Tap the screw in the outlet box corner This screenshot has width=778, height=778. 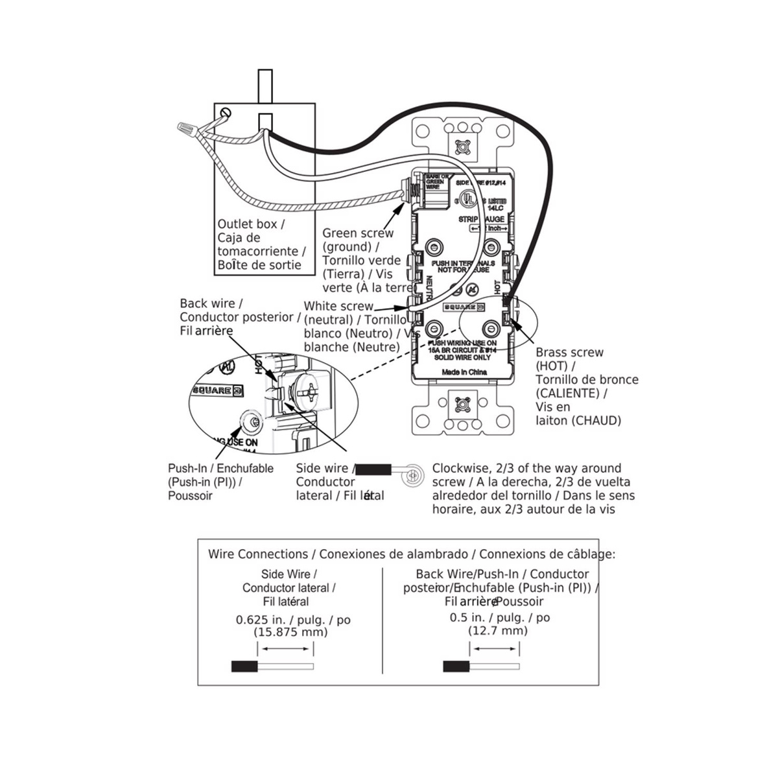click(x=226, y=113)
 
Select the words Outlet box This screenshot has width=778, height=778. click(x=247, y=224)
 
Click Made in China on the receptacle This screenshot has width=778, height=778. click(x=464, y=372)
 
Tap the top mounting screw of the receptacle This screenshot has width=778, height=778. click(x=463, y=146)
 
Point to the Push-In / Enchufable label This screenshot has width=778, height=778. click(x=220, y=468)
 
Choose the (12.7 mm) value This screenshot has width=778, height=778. click(x=498, y=630)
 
